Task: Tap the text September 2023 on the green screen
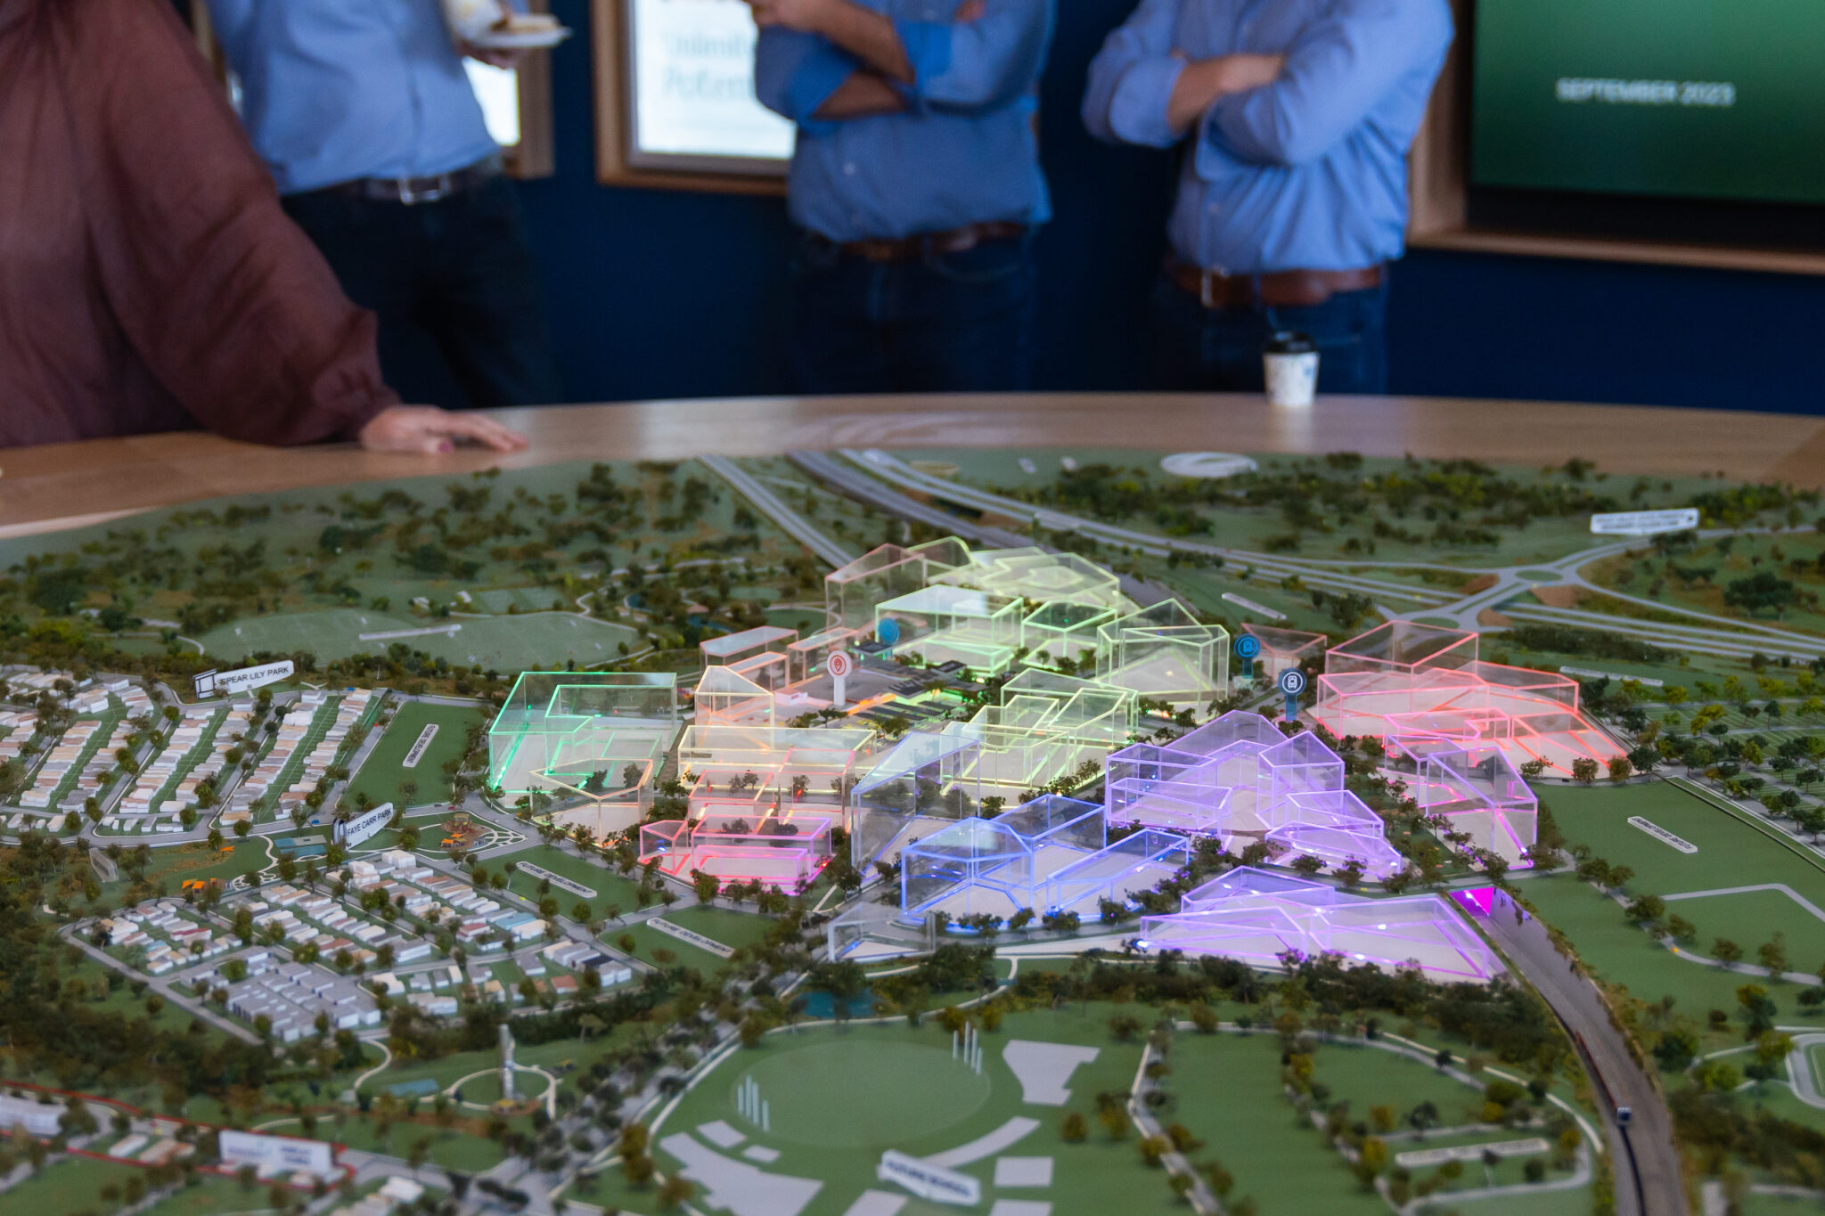1644,92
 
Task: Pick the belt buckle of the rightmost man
1209,287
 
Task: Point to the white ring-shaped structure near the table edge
1208,464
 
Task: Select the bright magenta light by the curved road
1473,900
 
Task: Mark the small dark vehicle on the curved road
1624,1115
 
